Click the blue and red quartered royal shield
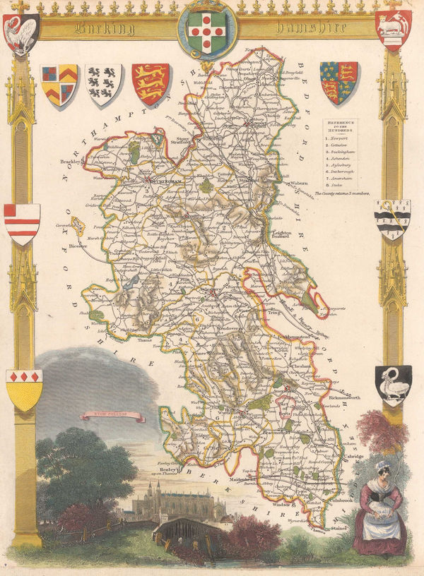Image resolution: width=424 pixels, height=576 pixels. (x=338, y=82)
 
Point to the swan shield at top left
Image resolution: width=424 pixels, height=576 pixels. (x=21, y=32)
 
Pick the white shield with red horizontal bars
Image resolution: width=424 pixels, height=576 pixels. (x=21, y=222)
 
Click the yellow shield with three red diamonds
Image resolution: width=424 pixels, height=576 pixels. (x=24, y=389)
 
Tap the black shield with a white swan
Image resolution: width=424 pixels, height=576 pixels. (x=392, y=383)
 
